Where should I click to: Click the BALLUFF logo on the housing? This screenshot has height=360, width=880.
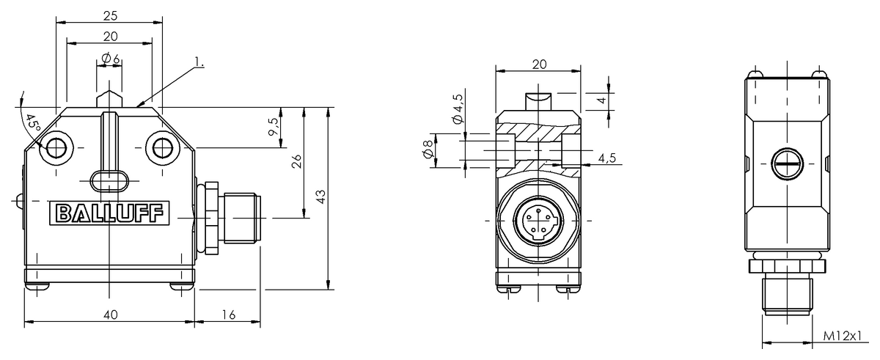point(109,213)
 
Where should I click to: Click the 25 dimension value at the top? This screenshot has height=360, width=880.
point(110,15)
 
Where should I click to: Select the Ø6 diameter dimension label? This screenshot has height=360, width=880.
point(111,58)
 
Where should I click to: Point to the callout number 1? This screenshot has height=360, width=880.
point(199,63)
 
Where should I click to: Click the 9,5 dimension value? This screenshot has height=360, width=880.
point(274,126)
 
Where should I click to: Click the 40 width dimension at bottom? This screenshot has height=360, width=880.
point(111,314)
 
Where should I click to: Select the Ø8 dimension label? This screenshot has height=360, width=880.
point(429,151)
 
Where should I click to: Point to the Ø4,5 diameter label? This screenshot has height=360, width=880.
point(458,110)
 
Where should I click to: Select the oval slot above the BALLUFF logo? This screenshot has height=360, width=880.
point(109,180)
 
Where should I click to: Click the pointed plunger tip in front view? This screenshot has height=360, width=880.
point(109,97)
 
